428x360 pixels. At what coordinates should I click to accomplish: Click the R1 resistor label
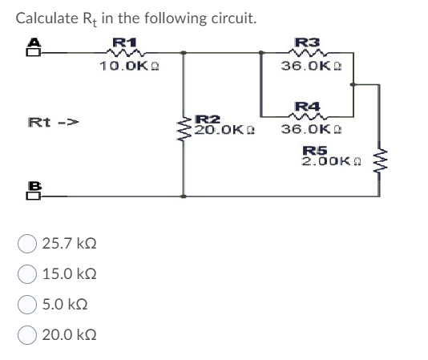click(x=125, y=41)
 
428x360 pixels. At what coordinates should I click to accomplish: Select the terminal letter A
click(x=34, y=42)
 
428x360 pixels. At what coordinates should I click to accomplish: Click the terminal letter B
click(x=34, y=184)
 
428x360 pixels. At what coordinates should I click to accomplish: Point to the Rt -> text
click(x=53, y=123)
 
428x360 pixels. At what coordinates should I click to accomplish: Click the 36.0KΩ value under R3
click(x=309, y=66)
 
